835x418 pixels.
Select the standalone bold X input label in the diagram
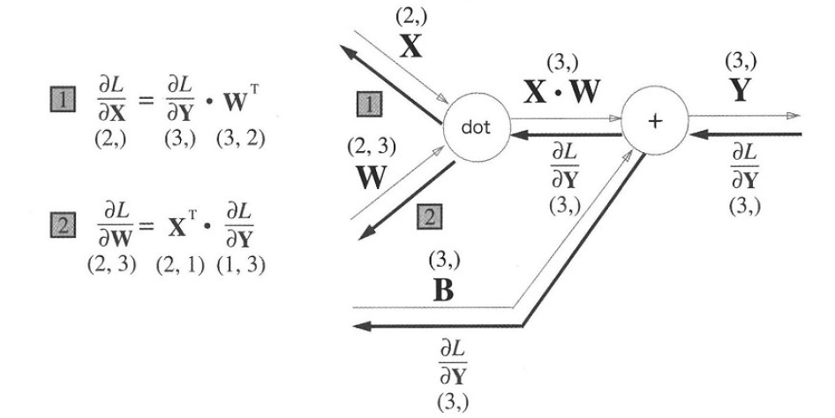point(410,47)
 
